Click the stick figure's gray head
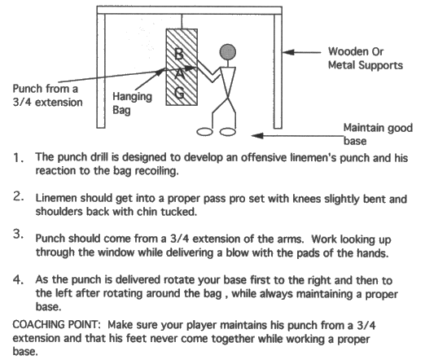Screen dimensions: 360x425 [x=230, y=52]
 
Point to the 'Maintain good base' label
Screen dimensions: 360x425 [x=378, y=133]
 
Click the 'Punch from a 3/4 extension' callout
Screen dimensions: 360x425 [x=38, y=95]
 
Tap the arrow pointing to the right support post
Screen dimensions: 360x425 [x=309, y=51]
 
